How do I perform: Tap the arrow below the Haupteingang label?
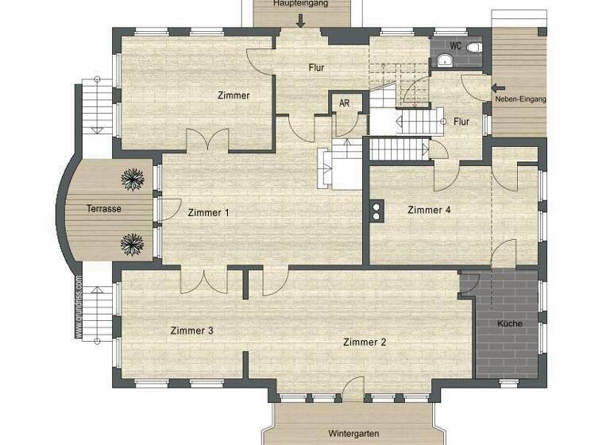pos(301,21)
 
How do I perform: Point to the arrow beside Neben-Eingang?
pos(498,87)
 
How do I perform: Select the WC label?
pos(455,46)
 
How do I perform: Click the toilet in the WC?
pos(475,48)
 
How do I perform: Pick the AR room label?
pos(344,103)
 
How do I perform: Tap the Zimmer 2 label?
pos(365,342)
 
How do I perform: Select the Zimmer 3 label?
pos(191,331)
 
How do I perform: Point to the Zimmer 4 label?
pos(429,210)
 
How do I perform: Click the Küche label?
pos(509,323)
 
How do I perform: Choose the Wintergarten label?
pos(353,434)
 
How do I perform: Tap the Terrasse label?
pos(104,209)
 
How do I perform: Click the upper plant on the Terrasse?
pos(133,179)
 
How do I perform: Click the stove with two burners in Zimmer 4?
pos(375,210)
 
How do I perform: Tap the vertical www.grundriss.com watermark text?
pos(79,308)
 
